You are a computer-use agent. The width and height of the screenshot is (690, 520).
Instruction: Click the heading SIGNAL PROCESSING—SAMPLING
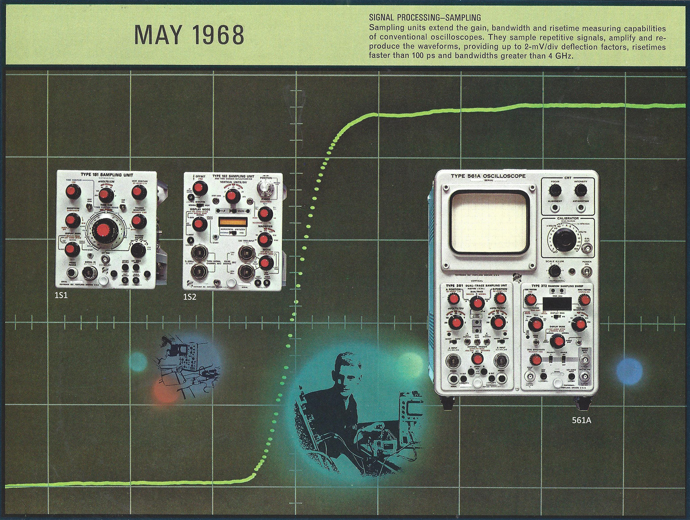point(425,17)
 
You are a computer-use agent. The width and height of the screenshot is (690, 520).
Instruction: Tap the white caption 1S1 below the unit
point(61,296)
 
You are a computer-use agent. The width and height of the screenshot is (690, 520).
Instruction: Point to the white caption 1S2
point(190,297)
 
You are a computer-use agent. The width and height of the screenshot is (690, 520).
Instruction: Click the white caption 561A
point(581,420)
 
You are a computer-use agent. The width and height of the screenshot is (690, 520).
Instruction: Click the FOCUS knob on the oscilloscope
point(555,190)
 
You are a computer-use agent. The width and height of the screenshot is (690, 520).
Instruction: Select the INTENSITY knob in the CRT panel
point(581,190)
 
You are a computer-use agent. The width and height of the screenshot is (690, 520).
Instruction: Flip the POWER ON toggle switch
point(586,271)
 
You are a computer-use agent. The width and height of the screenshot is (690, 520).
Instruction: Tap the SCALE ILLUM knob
point(554,271)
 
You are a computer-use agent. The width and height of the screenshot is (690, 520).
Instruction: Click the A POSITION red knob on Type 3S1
point(453,299)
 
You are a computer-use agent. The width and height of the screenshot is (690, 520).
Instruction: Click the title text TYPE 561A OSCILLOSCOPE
point(488,176)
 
